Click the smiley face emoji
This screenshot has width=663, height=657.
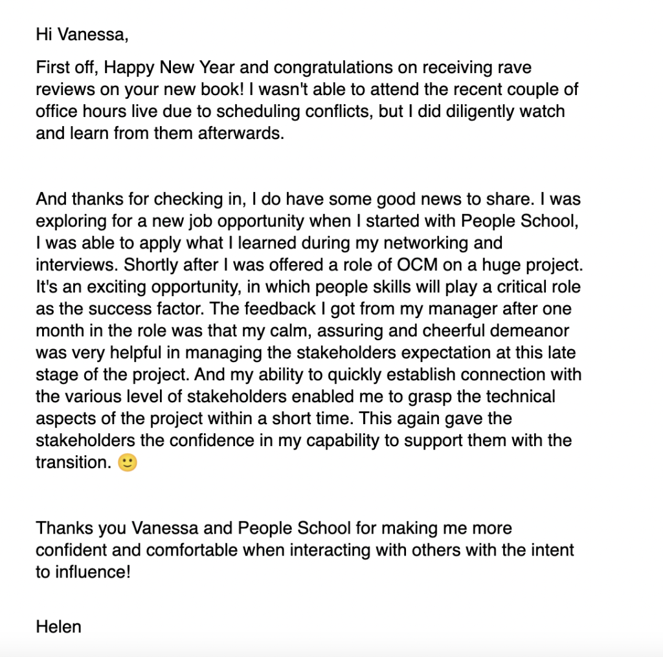(128, 463)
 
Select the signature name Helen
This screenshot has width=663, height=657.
(59, 626)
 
